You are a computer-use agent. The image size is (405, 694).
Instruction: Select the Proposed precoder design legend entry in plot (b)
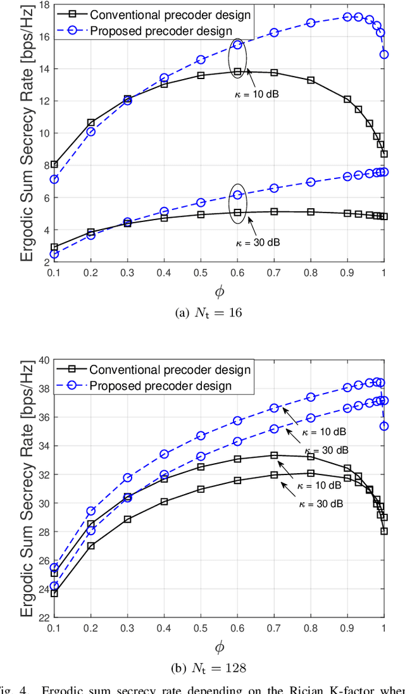point(160,385)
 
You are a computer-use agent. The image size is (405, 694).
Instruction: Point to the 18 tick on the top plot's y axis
point(46,5)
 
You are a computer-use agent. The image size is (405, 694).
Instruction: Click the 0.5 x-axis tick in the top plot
point(201,271)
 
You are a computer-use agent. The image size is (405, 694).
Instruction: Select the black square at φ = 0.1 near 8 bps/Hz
point(54,164)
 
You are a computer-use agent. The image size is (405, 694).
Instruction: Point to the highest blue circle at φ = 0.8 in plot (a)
point(311,23)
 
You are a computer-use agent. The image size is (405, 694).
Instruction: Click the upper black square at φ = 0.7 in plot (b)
point(274,455)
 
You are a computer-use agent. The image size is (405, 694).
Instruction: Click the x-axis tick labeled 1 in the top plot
point(383,271)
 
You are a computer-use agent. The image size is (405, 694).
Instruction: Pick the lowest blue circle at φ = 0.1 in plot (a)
point(54,254)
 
